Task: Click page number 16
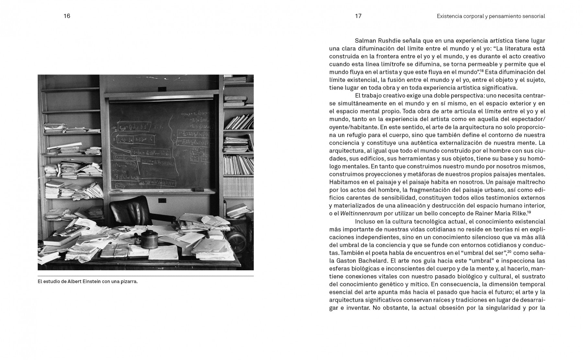pos(67,16)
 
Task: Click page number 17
pos(358,16)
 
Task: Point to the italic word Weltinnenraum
pos(361,213)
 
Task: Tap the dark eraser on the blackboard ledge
pos(197,189)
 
